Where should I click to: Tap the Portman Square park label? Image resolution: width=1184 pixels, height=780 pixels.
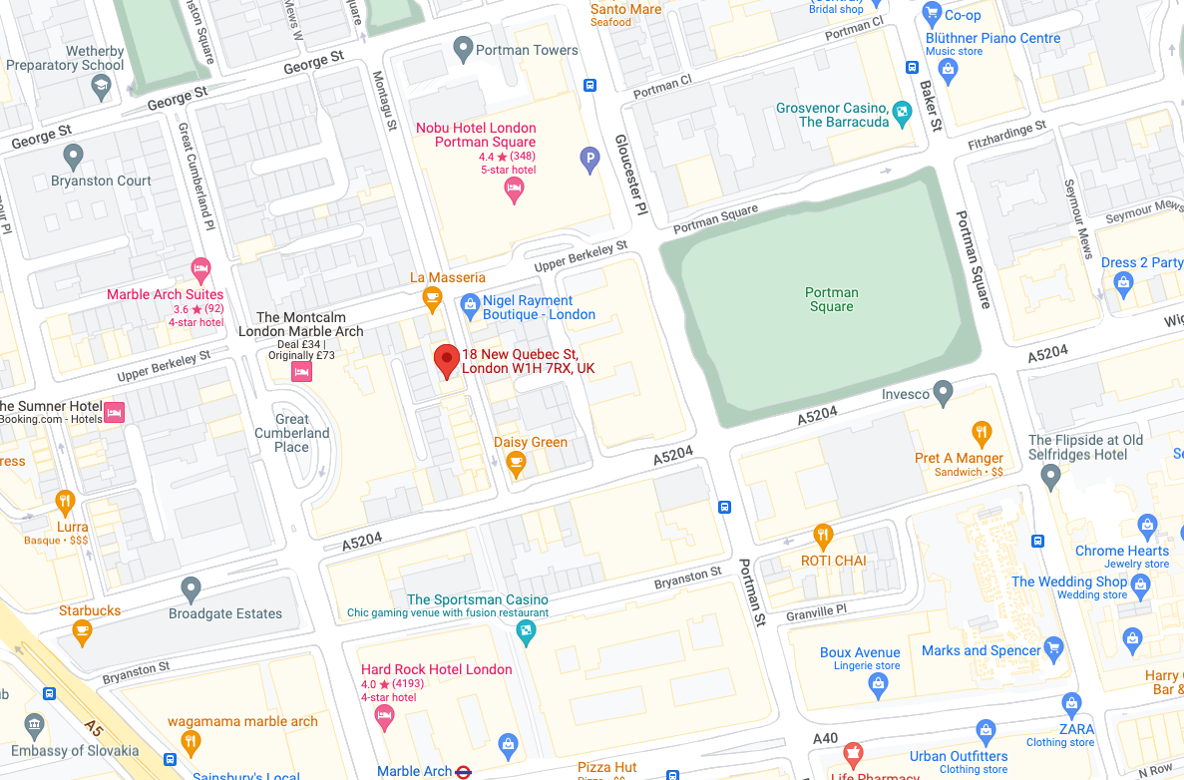(x=831, y=299)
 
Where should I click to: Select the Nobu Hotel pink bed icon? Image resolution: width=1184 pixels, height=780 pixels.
(x=514, y=190)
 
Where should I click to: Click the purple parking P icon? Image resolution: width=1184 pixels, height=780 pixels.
(x=591, y=158)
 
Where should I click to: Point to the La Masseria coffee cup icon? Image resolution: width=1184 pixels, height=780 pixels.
(x=431, y=297)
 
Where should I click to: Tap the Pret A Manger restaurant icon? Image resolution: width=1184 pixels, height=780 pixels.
(x=982, y=432)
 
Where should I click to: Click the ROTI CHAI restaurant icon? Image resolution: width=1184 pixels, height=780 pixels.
(x=822, y=537)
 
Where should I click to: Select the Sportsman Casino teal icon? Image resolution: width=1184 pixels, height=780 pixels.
(x=526, y=630)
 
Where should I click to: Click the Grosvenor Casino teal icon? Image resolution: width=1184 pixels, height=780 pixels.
(x=902, y=111)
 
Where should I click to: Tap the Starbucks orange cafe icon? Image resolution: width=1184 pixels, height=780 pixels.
(x=82, y=630)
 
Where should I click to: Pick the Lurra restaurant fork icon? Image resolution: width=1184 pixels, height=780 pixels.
(x=66, y=502)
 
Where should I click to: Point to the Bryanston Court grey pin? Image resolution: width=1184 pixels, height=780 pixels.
(x=72, y=156)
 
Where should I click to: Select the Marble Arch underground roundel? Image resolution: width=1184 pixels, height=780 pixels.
(x=464, y=771)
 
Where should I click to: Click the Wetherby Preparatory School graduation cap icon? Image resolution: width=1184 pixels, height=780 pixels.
(x=100, y=89)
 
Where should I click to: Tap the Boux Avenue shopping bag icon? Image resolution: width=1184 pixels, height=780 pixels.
(x=878, y=683)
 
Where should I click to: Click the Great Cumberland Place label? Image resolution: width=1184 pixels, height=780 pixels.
(x=291, y=433)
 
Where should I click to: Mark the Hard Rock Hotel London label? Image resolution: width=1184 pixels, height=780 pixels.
(x=437, y=669)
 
